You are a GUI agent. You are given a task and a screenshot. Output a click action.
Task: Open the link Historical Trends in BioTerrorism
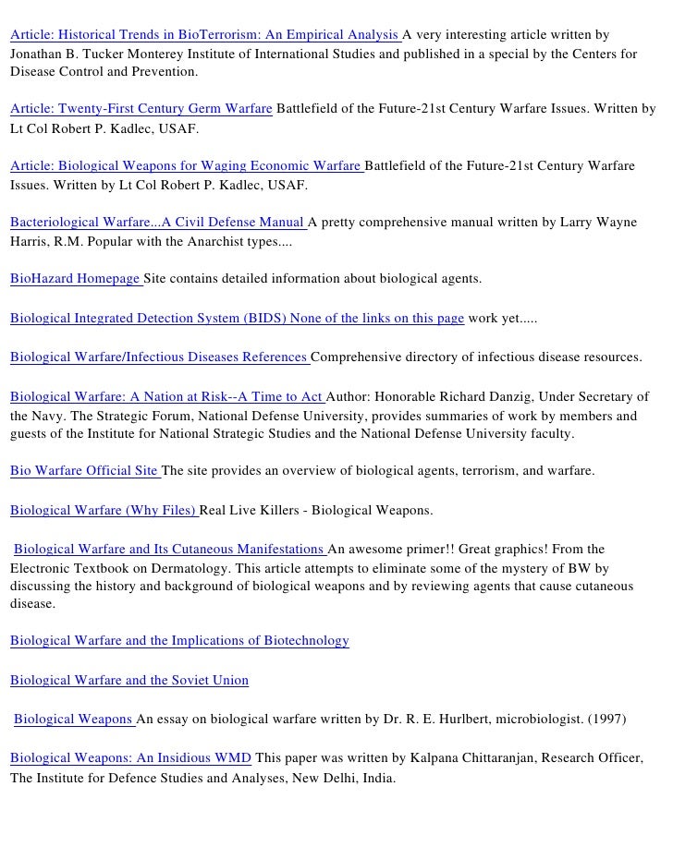(x=205, y=36)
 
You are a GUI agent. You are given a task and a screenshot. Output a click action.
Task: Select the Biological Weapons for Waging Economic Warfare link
(x=186, y=166)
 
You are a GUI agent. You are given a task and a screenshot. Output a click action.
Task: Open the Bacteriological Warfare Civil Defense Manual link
(x=157, y=223)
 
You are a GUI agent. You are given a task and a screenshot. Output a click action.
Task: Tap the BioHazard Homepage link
(x=75, y=278)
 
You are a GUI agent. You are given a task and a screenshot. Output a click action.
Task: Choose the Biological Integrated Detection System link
(x=237, y=319)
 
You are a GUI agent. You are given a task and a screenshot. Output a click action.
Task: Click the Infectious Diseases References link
(x=159, y=357)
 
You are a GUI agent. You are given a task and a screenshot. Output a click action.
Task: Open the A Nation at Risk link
(x=166, y=397)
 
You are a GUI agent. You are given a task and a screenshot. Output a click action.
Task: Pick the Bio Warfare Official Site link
(x=84, y=470)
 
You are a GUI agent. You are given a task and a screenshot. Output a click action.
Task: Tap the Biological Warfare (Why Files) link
(x=104, y=510)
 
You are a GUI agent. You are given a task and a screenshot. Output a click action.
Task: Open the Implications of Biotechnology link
(x=179, y=640)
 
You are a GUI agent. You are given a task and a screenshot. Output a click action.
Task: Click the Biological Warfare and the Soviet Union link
(x=129, y=681)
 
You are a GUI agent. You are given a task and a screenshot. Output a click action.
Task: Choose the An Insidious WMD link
(x=130, y=758)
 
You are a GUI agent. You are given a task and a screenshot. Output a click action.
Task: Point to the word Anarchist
(x=211, y=243)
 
